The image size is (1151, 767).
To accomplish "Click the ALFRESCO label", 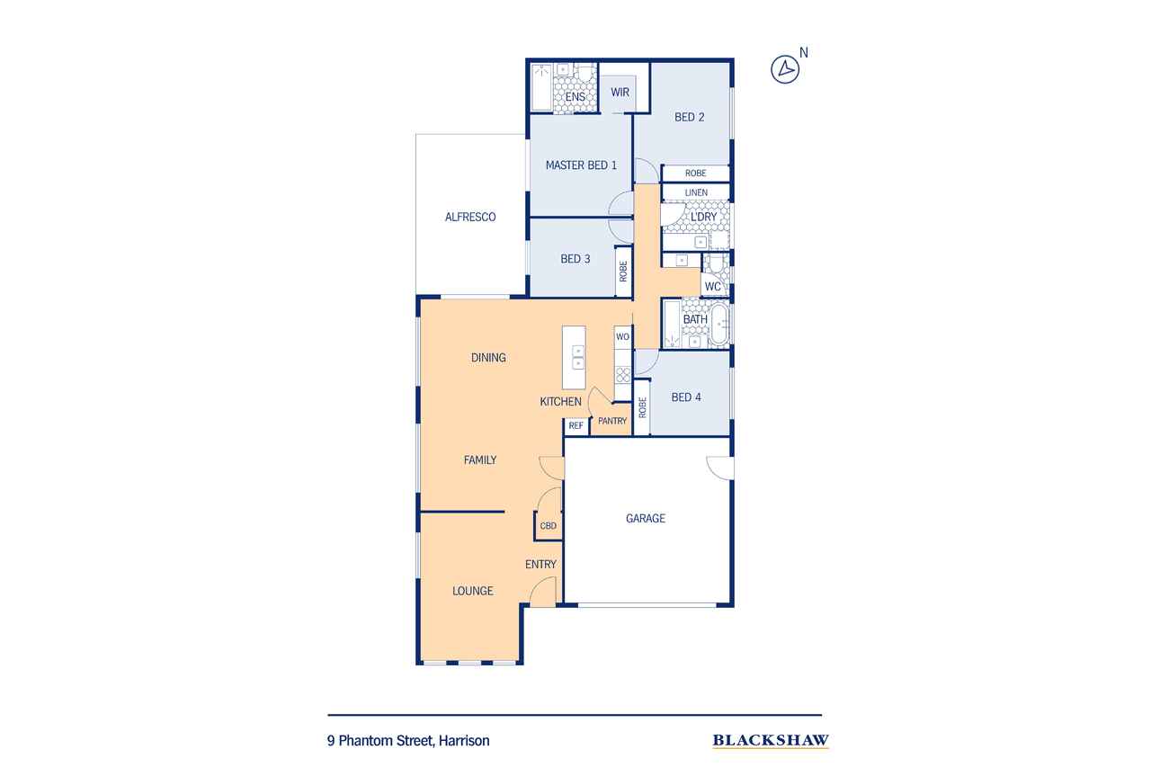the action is click(470, 217).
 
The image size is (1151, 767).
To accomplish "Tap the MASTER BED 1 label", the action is click(581, 165).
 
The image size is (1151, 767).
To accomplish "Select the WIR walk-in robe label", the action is click(620, 92).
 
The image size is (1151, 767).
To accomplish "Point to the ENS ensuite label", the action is click(575, 96).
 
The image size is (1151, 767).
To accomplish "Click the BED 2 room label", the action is click(689, 117).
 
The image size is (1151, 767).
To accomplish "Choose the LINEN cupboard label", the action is click(696, 192).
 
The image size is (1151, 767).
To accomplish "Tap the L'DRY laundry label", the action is click(703, 217).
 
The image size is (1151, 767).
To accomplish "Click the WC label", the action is click(713, 286).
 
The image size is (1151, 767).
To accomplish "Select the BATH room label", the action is click(695, 319).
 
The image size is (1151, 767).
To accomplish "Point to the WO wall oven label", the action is click(622, 337).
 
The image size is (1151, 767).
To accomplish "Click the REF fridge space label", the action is click(576, 425).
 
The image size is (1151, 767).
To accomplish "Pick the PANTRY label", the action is click(612, 421).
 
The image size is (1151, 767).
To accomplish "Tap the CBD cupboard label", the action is click(549, 525).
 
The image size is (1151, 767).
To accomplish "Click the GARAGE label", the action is click(646, 518).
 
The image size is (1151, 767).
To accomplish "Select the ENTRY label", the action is click(540, 564).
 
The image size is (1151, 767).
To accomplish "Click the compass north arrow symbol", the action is click(785, 69).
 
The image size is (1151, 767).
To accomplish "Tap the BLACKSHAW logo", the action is click(771, 740).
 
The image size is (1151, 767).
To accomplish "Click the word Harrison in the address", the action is click(464, 740).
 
